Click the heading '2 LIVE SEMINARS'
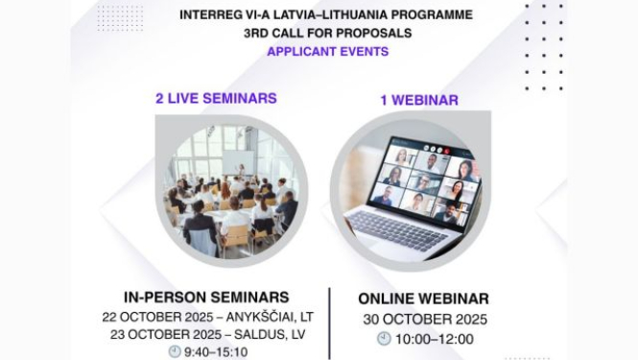(x=216, y=98)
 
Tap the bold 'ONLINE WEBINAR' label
(x=423, y=299)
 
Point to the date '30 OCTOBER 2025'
(x=424, y=319)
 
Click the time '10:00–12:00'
(x=435, y=339)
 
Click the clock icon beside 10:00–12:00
(x=385, y=339)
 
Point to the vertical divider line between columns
(x=329, y=322)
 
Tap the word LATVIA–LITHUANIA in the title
(x=318, y=14)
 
